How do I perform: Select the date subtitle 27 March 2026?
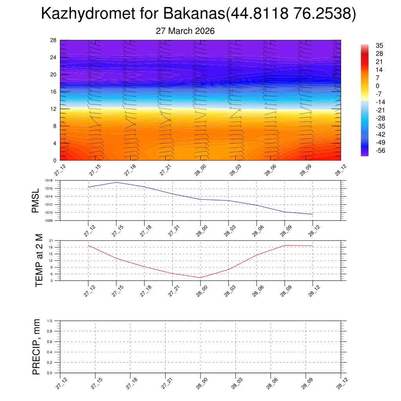pyautogui.click(x=185, y=31)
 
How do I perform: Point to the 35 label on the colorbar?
pyautogui.click(x=379, y=45)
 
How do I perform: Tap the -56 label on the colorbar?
pyautogui.click(x=379, y=151)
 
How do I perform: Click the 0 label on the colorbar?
pyautogui.click(x=378, y=86)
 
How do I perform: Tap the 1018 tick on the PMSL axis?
pyautogui.click(x=49, y=181)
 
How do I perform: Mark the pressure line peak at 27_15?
pyautogui.click(x=116, y=182)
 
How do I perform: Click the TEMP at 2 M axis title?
pyautogui.click(x=39, y=260)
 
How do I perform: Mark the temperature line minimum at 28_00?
pyautogui.click(x=200, y=278)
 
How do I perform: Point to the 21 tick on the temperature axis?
pyautogui.click(x=51, y=240)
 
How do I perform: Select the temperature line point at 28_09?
pyautogui.click(x=285, y=245)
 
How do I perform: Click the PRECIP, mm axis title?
pyautogui.click(x=36, y=347)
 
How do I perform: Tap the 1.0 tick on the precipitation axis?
pyautogui.click(x=49, y=321)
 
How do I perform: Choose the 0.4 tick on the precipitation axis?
pyautogui.click(x=49, y=352)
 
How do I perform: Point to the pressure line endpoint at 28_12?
pyautogui.click(x=312, y=214)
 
